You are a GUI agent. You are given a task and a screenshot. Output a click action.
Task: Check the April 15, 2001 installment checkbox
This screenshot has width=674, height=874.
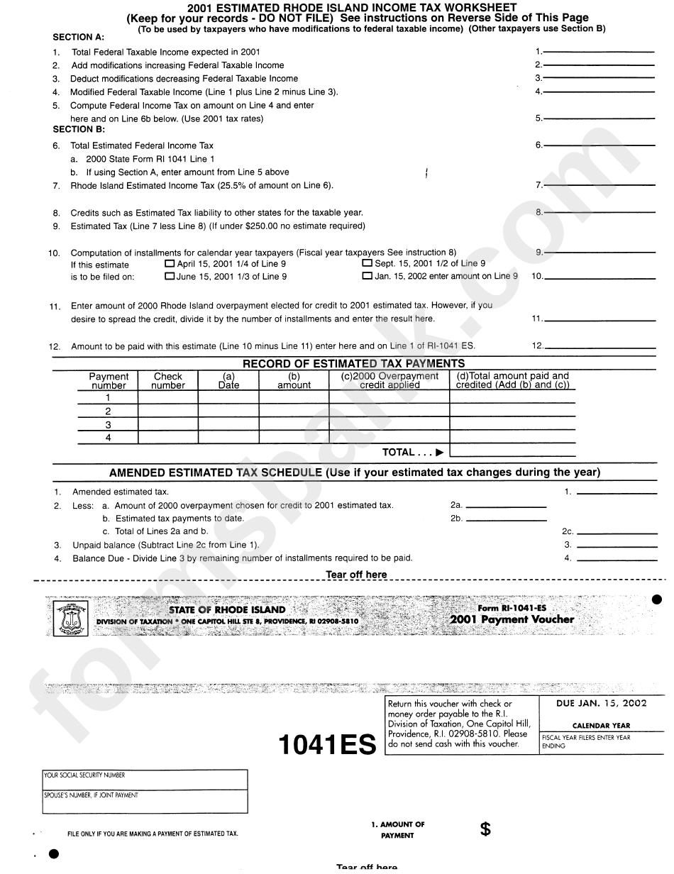pyautogui.click(x=170, y=263)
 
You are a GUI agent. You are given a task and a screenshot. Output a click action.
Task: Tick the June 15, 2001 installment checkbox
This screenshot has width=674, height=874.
pyautogui.click(x=170, y=277)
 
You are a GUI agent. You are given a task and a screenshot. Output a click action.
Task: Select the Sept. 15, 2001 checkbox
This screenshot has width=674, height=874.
pyautogui.click(x=367, y=263)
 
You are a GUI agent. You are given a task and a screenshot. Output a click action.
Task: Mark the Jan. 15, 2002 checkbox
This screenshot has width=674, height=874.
pyautogui.click(x=367, y=277)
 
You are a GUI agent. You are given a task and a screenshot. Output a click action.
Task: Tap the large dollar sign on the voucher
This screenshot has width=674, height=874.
pyautogui.click(x=485, y=829)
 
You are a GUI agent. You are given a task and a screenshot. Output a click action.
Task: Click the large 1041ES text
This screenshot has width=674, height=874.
pyautogui.click(x=326, y=745)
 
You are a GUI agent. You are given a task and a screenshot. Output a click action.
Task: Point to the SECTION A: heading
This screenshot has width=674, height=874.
pyautogui.click(x=79, y=37)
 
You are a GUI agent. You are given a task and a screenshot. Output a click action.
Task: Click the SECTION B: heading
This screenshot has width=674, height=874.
pyautogui.click(x=79, y=130)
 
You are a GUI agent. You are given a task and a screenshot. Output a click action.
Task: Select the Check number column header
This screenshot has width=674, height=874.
pyautogui.click(x=168, y=381)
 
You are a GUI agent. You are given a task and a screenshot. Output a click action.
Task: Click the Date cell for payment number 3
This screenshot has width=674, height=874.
pyautogui.click(x=228, y=425)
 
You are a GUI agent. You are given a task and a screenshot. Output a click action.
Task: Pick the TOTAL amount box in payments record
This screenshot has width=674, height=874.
pyautogui.click(x=512, y=451)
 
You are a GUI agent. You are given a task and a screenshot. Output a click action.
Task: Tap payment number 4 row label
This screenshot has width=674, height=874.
pyautogui.click(x=108, y=438)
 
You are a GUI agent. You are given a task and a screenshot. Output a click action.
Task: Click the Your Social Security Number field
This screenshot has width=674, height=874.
pyautogui.click(x=145, y=780)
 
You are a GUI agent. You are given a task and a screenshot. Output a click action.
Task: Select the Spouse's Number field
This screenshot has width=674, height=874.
pyautogui.click(x=145, y=800)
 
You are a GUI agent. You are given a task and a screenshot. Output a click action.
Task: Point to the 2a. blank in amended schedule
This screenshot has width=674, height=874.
pyautogui.click(x=506, y=505)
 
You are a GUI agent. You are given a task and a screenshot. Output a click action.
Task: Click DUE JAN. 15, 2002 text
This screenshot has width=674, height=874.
pyautogui.click(x=602, y=704)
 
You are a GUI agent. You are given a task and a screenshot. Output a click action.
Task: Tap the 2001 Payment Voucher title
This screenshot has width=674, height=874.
pyautogui.click(x=512, y=619)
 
